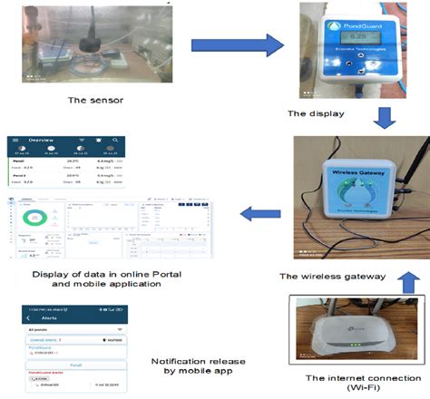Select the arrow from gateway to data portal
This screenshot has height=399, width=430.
coord(259,213)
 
